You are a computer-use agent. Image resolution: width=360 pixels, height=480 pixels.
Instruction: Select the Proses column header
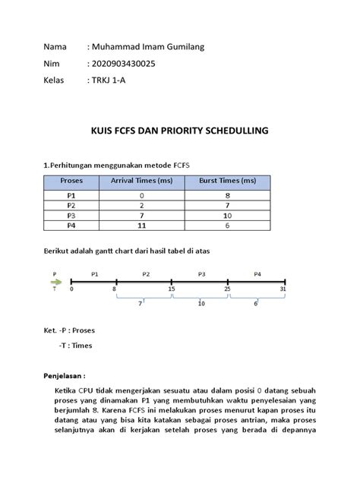[x=71, y=181]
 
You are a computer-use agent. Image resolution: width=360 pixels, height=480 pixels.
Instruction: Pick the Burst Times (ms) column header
[x=227, y=181]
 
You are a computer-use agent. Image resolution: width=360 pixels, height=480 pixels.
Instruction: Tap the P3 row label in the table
[x=71, y=215]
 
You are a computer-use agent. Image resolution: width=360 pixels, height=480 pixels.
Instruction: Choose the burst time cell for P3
[x=227, y=215]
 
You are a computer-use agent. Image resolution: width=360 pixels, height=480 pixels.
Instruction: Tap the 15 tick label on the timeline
[x=172, y=289]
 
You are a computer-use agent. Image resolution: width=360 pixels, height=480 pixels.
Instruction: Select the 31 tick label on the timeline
[x=283, y=289]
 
